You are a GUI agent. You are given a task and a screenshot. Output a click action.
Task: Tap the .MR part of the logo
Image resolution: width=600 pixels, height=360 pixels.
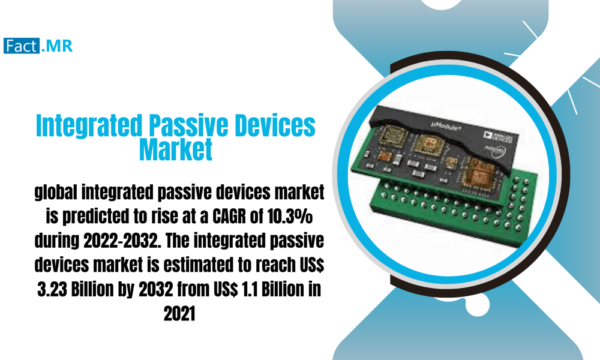click(x=57, y=46)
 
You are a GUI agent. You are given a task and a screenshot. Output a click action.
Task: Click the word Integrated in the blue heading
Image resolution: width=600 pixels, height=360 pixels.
click(x=88, y=127)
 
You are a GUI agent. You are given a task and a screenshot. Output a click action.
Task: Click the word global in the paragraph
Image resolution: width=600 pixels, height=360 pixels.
click(x=57, y=194)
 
